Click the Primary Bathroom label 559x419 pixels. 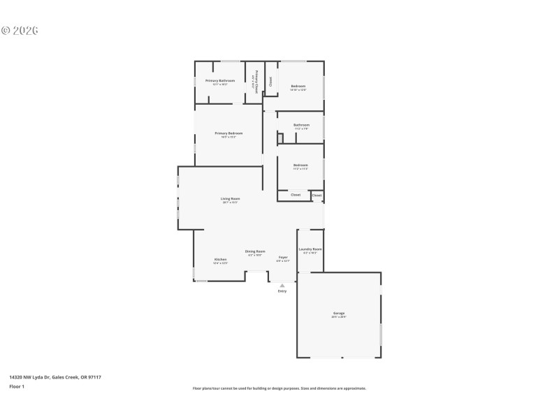click(219, 80)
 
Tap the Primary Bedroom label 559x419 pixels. click(228, 133)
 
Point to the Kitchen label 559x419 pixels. click(220, 259)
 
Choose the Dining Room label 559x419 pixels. click(255, 251)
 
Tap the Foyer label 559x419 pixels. click(283, 258)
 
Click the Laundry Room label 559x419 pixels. click(310, 249)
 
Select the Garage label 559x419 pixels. click(339, 313)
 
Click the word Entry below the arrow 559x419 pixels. click(282, 291)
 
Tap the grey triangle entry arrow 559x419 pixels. click(282, 285)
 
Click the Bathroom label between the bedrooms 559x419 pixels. click(301, 125)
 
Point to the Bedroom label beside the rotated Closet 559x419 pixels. click(298, 86)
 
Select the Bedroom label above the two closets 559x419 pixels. click(300, 165)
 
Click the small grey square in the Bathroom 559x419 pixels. click(280, 138)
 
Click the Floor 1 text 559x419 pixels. click(17, 386)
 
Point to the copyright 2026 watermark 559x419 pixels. click(20, 31)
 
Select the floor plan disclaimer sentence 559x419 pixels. click(279, 388)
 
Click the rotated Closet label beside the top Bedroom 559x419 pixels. click(270, 82)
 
